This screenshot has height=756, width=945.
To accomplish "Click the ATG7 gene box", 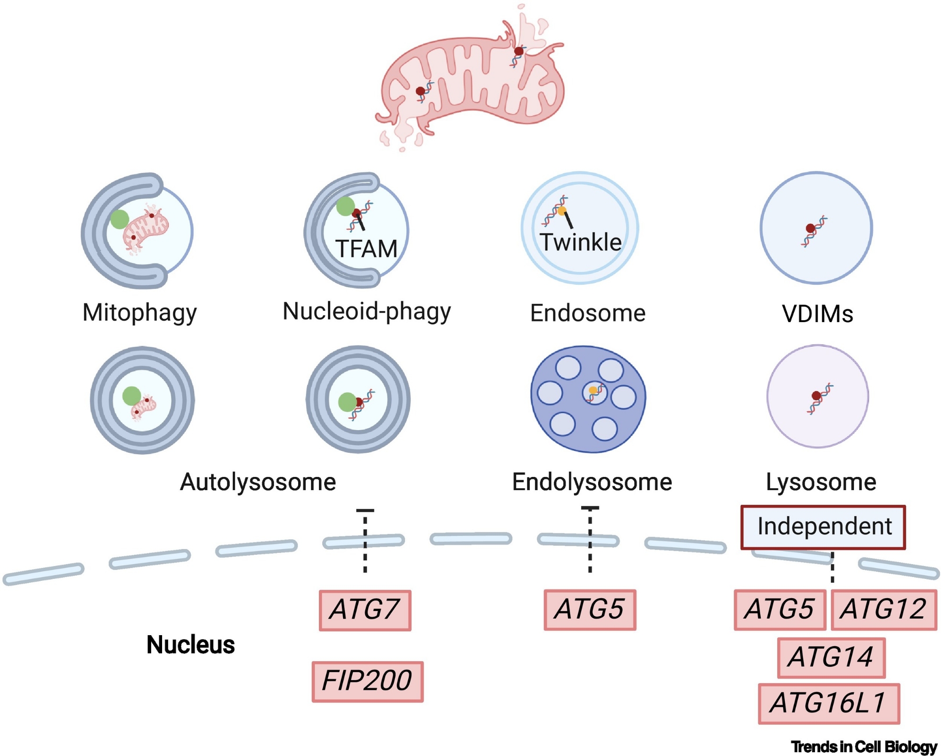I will click(x=365, y=610).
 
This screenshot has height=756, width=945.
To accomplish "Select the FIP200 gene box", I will click(x=367, y=681).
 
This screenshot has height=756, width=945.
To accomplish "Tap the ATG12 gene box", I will click(x=883, y=609).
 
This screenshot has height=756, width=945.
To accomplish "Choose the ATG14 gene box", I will click(x=831, y=657).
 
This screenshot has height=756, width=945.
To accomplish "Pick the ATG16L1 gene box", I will click(x=828, y=703).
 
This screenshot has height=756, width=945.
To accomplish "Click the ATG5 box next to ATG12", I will click(x=780, y=609).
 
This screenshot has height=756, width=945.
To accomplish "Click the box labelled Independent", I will click(x=823, y=527).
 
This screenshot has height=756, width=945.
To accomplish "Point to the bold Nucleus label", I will click(x=190, y=645).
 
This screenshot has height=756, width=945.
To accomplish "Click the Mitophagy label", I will click(x=139, y=313).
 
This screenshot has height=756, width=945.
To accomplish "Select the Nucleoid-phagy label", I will click(x=367, y=312).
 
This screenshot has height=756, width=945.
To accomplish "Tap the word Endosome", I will click(x=587, y=313).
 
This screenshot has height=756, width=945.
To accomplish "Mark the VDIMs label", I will click(x=817, y=314).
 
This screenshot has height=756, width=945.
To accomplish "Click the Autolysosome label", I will click(x=258, y=482).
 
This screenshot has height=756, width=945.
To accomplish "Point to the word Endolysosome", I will click(x=592, y=482).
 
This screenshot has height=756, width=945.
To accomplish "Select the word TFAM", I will click(x=366, y=249).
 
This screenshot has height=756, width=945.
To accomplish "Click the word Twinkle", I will click(x=580, y=242).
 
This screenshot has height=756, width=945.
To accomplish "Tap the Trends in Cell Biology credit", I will click(x=864, y=747).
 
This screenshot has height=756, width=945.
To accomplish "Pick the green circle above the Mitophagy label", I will click(x=120, y=219).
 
